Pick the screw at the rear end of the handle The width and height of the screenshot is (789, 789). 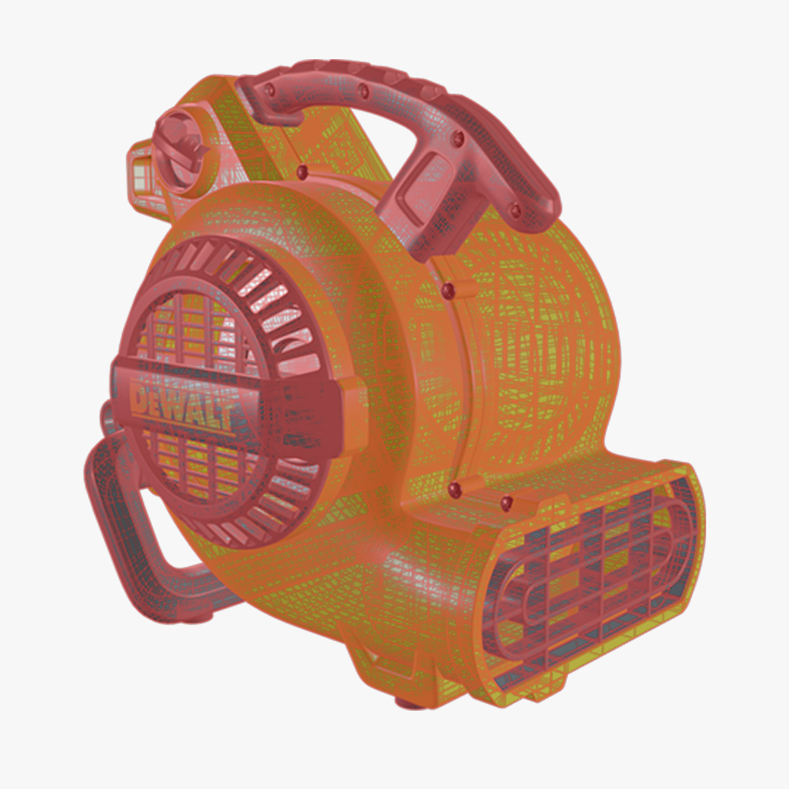tap(515, 209)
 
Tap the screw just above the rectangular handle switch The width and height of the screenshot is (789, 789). tap(460, 137)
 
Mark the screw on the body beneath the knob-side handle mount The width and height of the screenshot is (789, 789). tap(302, 172)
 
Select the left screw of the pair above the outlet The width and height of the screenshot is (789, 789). tap(454, 487)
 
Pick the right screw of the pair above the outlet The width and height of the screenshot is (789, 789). tap(506, 503)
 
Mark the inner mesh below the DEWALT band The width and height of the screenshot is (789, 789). tap(197, 467)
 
